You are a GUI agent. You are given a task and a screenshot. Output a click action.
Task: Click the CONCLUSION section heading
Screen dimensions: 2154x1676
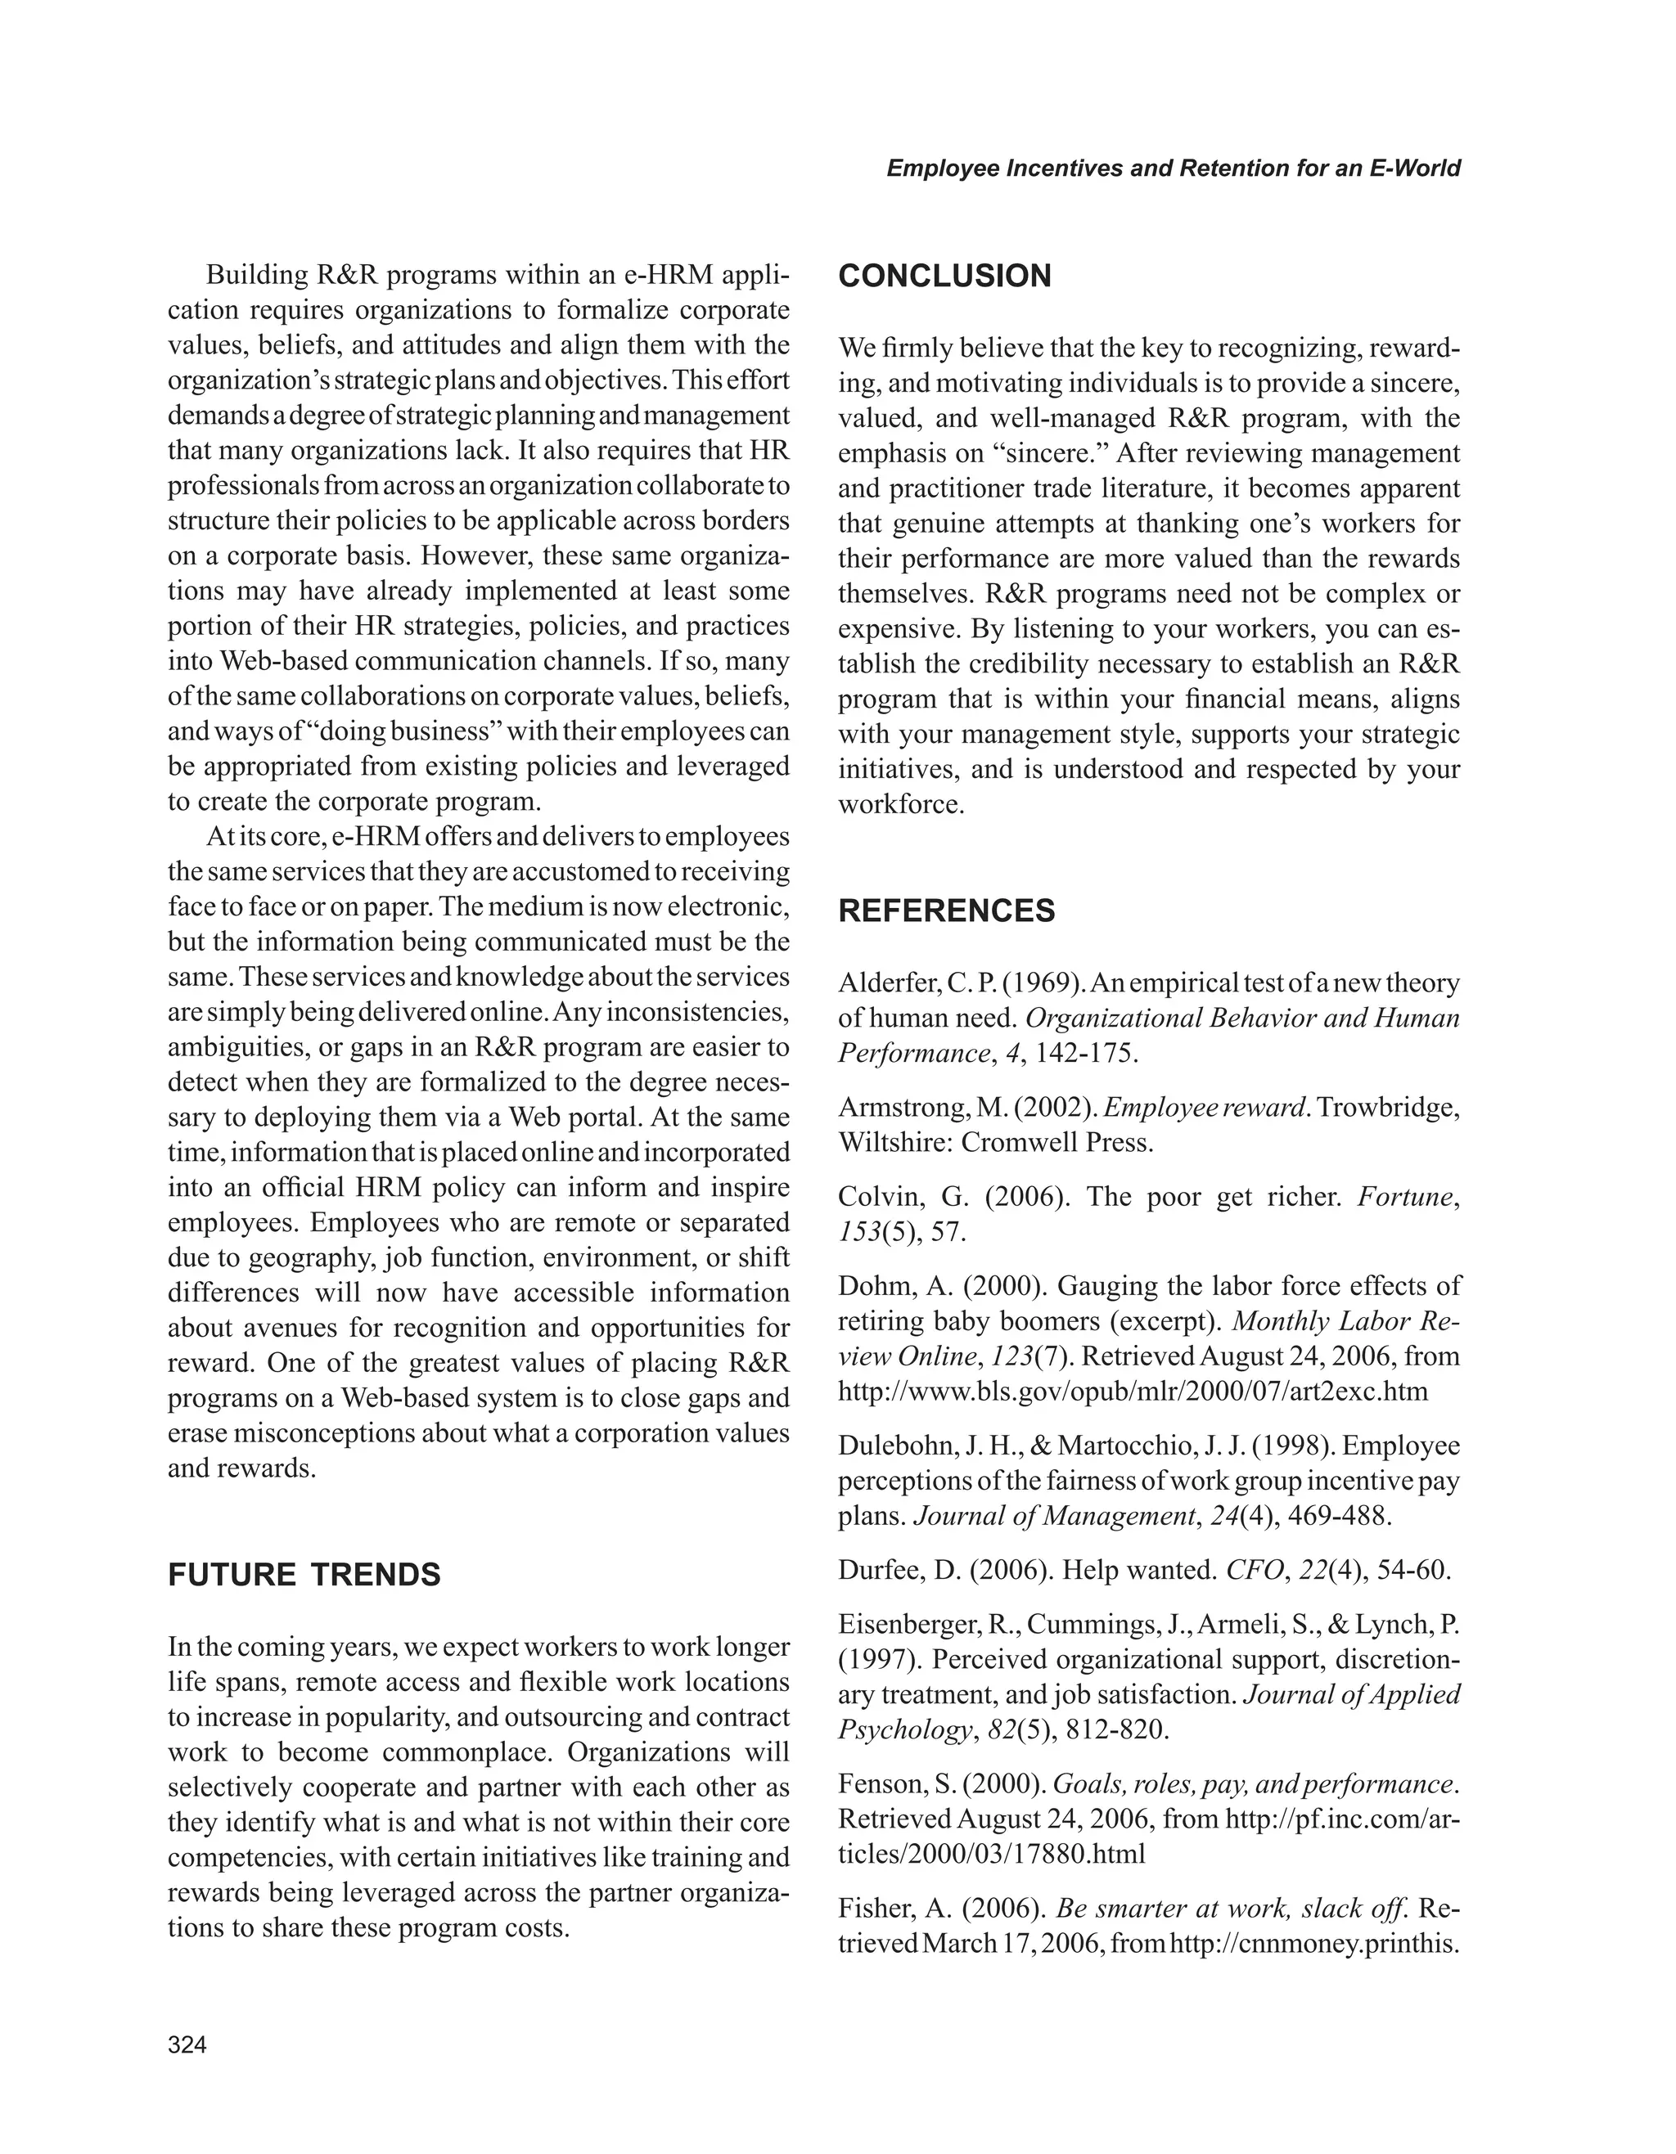(944, 277)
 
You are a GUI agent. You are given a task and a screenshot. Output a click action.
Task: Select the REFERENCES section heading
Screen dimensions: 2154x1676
(946, 911)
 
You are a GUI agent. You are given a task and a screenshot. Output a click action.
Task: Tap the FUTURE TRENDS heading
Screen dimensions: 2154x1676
(304, 1574)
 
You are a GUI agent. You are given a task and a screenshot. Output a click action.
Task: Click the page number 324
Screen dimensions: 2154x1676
(187, 2044)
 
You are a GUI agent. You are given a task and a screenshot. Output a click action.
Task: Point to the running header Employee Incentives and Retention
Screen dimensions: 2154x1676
(1173, 168)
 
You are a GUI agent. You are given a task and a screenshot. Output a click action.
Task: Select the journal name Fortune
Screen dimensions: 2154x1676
(1405, 1198)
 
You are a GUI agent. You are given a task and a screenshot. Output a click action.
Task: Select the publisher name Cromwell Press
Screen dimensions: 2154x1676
(1057, 1143)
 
